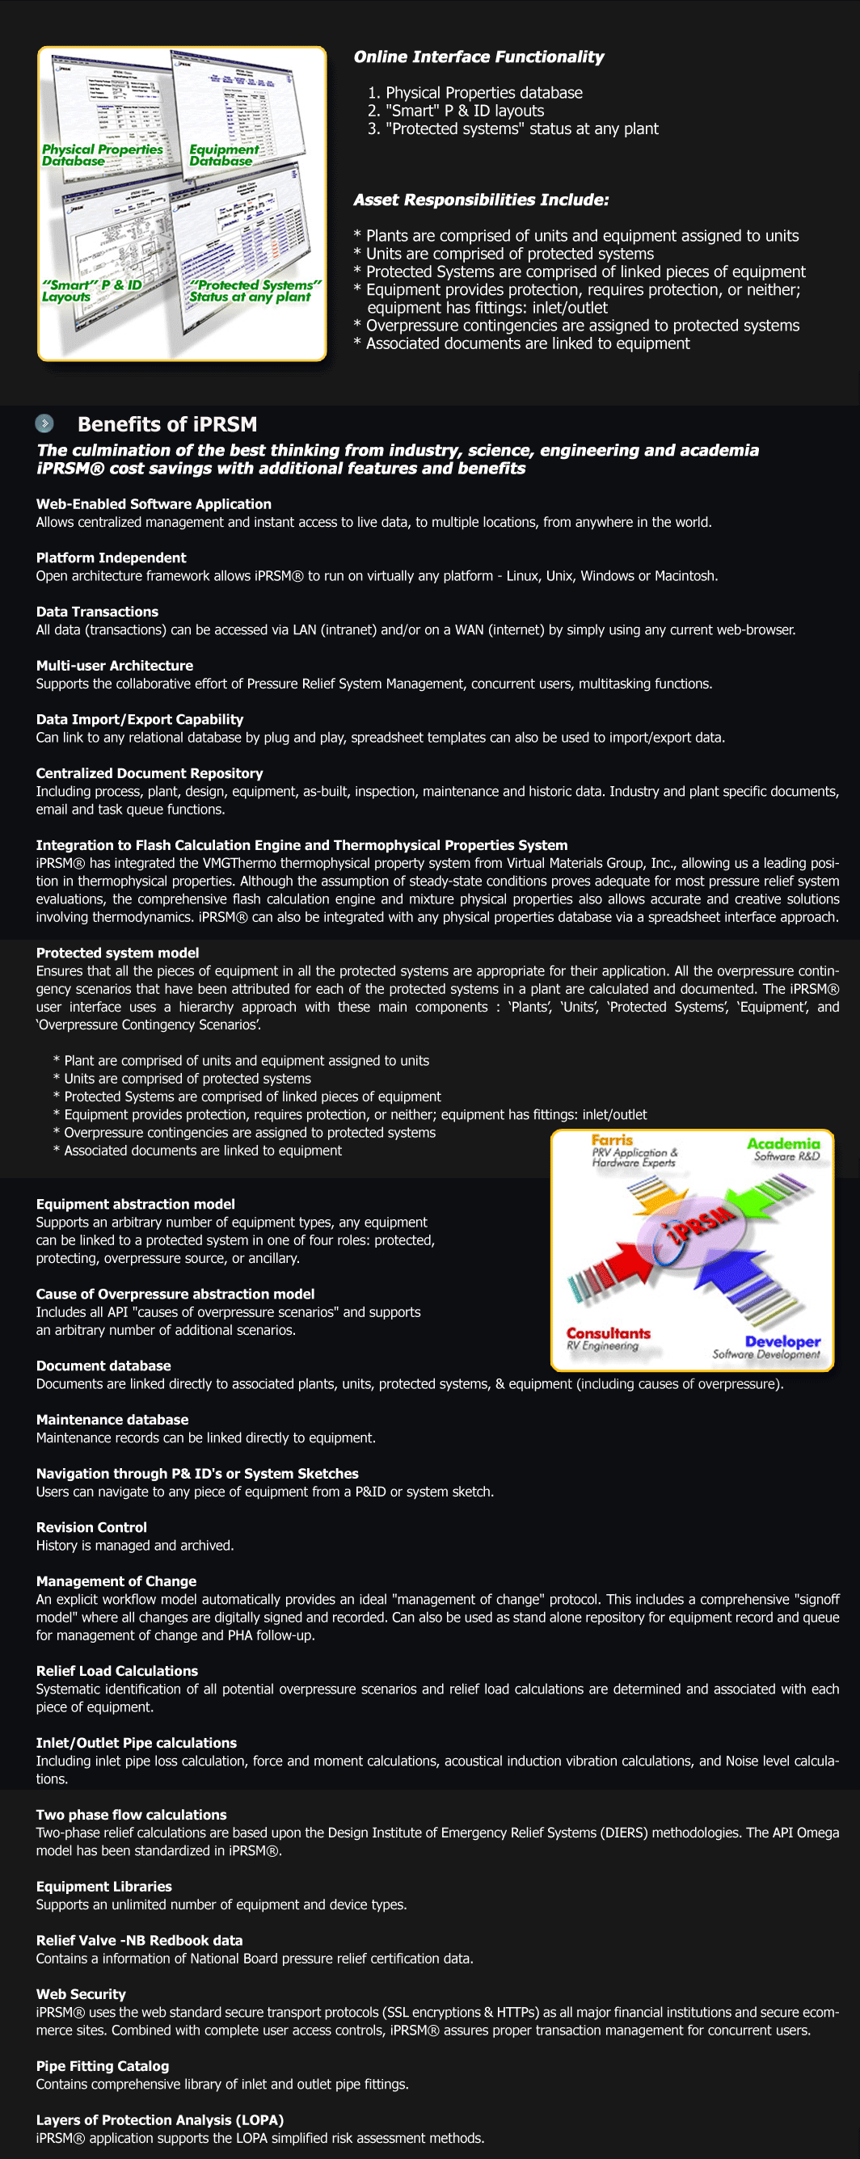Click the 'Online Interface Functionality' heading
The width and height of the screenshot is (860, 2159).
tap(478, 57)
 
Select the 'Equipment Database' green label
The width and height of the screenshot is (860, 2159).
tap(223, 155)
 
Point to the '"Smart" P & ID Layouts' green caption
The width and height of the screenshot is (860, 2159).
tap(91, 291)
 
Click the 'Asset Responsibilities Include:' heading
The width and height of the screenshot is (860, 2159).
tap(481, 200)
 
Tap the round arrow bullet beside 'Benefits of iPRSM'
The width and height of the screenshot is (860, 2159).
tap(44, 423)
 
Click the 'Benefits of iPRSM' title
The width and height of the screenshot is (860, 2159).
tap(167, 424)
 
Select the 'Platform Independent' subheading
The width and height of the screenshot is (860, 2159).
tap(111, 558)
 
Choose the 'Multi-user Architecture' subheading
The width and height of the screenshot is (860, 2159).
tap(114, 666)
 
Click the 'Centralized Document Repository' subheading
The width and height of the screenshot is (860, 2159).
tap(150, 773)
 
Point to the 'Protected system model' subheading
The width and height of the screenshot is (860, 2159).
tap(117, 953)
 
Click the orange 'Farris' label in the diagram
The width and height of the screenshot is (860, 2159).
tap(612, 1140)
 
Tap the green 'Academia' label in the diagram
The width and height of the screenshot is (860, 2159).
tap(783, 1143)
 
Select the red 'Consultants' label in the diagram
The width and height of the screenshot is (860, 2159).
tap(608, 1332)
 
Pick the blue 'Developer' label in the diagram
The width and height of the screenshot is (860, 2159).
tap(782, 1341)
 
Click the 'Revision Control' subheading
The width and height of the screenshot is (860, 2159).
tap(91, 1527)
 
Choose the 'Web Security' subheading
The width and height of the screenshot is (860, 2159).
tap(81, 1994)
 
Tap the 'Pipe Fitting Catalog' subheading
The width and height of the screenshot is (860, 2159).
tap(103, 2066)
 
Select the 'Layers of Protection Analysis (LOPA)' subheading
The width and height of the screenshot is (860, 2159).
tap(159, 2119)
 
